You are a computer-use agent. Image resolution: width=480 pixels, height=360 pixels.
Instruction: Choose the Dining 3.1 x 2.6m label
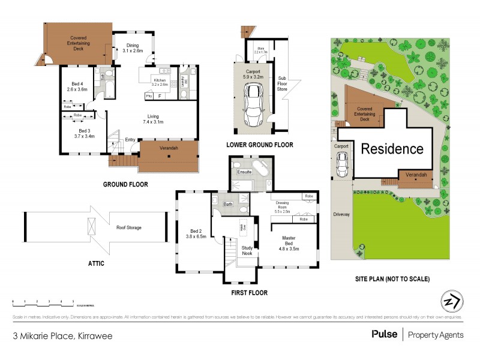tap(133, 48)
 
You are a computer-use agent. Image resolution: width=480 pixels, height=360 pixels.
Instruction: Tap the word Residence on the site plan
tap(392, 148)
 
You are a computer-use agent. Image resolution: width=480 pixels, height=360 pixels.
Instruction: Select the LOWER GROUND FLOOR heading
tap(259, 145)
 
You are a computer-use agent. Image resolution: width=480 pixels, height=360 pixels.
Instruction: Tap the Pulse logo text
tap(384, 334)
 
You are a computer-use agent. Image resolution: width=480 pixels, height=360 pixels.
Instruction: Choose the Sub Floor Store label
tap(282, 83)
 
